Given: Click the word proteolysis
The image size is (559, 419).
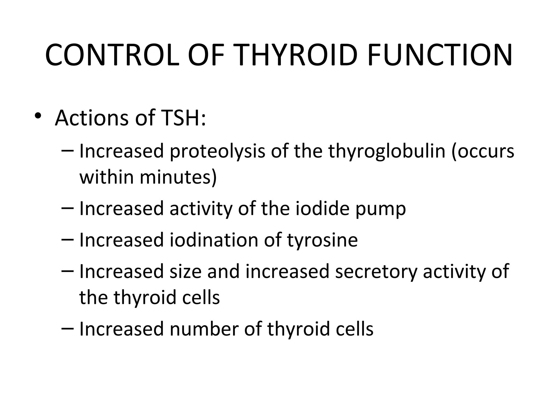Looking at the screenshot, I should click(217, 152).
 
